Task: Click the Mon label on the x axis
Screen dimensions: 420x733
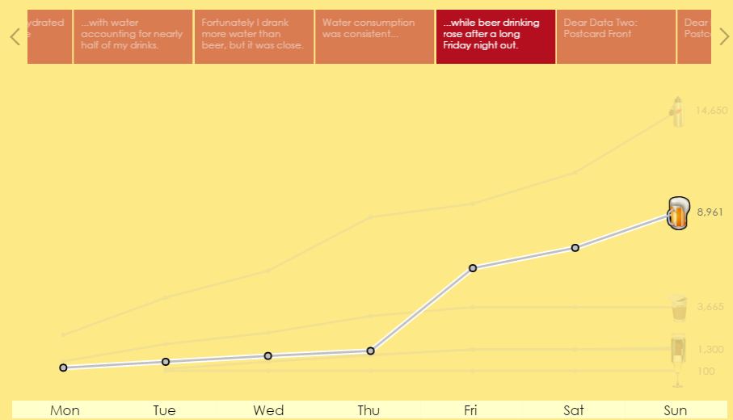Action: click(x=65, y=410)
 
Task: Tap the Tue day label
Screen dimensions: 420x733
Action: click(x=164, y=410)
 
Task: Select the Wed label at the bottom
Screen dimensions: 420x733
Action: click(x=268, y=410)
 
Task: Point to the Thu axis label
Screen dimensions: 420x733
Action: click(x=369, y=410)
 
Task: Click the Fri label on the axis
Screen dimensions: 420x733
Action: click(x=471, y=410)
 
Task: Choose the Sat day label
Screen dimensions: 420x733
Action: click(x=574, y=410)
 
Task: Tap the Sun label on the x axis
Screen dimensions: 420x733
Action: click(x=676, y=410)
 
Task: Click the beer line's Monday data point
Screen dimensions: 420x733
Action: click(x=63, y=367)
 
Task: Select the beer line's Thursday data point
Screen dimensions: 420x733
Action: click(x=370, y=351)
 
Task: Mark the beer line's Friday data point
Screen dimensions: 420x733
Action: click(x=473, y=267)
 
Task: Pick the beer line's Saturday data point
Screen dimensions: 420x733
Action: click(x=575, y=247)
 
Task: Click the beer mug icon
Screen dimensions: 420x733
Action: click(x=677, y=213)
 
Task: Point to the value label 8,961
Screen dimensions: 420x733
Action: click(x=710, y=212)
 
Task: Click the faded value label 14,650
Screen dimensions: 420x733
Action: click(x=711, y=111)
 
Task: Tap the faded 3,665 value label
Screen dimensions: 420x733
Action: click(x=710, y=307)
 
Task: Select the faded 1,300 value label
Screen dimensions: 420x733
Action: click(x=710, y=349)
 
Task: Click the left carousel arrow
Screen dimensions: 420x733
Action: click(x=15, y=36)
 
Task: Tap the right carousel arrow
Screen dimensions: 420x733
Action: click(x=723, y=36)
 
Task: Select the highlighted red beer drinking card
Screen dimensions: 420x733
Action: click(x=495, y=36)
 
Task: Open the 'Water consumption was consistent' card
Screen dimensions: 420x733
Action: click(x=374, y=36)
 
